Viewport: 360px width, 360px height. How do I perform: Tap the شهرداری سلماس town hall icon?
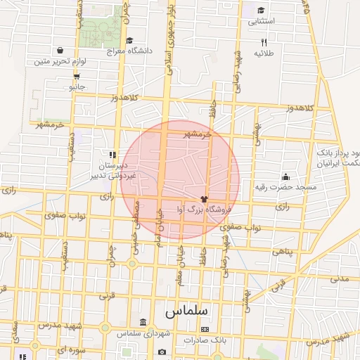click(143, 322)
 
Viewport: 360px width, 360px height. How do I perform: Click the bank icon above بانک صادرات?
click(205, 329)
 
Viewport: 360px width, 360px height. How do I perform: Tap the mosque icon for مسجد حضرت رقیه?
click(285, 176)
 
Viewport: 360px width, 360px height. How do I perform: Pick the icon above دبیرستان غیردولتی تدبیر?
click(112, 153)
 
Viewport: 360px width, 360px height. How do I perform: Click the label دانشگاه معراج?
click(126, 51)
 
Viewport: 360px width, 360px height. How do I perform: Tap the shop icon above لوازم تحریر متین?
click(60, 50)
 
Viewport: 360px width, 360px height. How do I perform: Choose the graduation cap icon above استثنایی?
click(262, 11)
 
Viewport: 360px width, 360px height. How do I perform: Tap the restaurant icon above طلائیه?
click(263, 42)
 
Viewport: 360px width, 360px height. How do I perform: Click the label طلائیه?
click(263, 53)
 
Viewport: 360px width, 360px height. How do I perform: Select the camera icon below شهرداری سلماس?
click(162, 352)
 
